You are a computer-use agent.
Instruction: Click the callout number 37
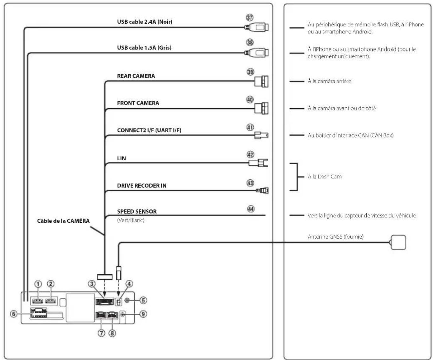coord(250,17)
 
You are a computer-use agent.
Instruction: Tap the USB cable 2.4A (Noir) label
coord(145,22)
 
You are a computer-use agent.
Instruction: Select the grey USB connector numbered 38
coord(256,52)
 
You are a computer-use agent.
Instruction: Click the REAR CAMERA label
coord(136,76)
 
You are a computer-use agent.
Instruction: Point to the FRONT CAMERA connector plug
coord(261,108)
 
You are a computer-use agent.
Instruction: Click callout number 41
coord(250,127)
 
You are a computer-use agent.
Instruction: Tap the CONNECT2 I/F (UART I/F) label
coord(149,130)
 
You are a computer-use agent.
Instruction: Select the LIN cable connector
coord(258,163)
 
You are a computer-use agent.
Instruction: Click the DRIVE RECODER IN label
coord(142,186)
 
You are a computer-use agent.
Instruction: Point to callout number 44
coord(251,209)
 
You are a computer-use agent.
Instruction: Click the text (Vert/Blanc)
coord(130,220)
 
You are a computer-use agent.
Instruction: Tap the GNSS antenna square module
coord(398,242)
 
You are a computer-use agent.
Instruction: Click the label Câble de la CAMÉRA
coord(63,221)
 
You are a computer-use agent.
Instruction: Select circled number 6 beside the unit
coord(14,314)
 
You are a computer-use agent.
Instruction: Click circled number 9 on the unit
coord(143,314)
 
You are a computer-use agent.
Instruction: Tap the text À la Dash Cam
coord(325,177)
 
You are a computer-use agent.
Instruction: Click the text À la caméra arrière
coord(329,81)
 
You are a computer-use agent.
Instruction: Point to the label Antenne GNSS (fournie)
coord(335,237)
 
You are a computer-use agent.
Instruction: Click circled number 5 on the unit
coord(143,300)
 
